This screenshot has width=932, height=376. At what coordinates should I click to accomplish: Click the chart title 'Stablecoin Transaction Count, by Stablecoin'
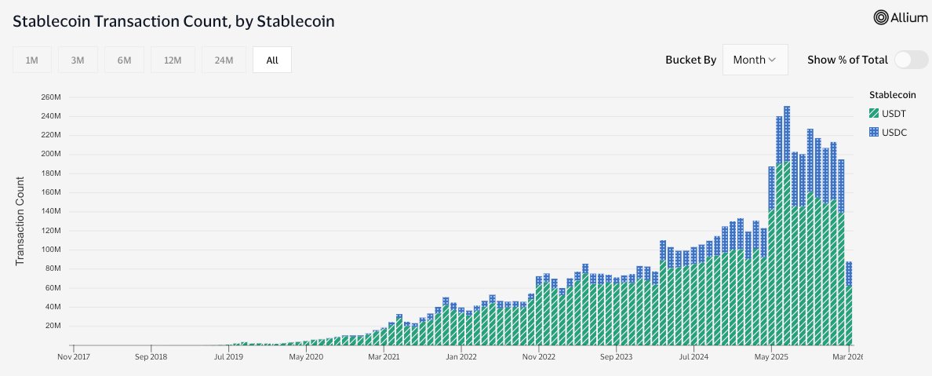(174, 21)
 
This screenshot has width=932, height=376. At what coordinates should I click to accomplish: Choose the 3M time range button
(77, 60)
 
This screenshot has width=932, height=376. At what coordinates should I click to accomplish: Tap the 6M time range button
(124, 60)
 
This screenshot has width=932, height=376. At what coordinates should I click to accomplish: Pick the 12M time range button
(173, 60)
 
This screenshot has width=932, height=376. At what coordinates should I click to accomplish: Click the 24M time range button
(224, 60)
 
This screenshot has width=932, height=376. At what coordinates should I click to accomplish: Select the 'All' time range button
(271, 60)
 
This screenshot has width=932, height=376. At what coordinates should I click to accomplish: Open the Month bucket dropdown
(755, 60)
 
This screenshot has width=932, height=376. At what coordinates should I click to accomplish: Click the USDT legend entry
(887, 114)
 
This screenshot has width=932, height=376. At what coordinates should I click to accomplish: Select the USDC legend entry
(887, 133)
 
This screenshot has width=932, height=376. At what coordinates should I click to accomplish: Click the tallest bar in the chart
(787, 228)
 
